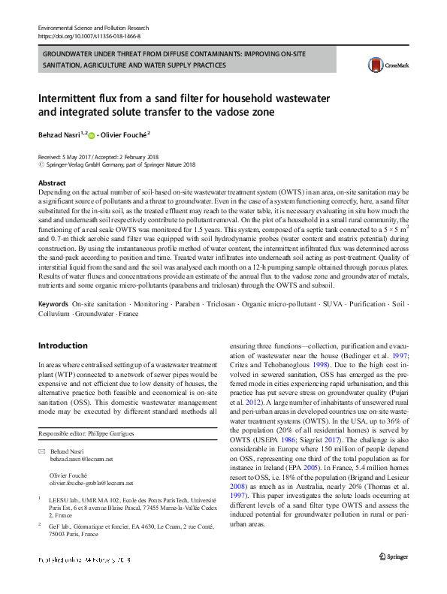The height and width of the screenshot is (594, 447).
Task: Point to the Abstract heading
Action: click(x=51, y=182)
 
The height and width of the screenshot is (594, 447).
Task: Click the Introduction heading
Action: click(x=62, y=345)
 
